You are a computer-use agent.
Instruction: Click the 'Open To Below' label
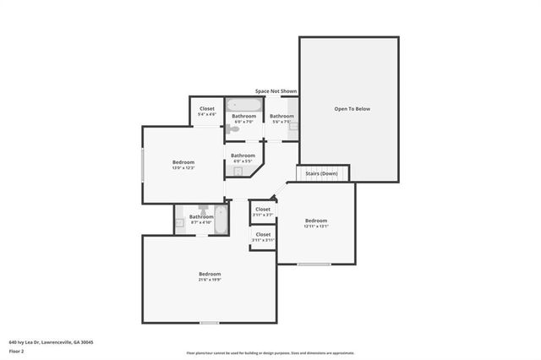pos(352,109)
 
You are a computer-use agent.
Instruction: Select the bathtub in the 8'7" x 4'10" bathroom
pos(221,219)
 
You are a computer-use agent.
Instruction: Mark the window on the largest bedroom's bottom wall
pos(209,323)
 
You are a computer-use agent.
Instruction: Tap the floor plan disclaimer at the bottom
pos(270,352)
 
